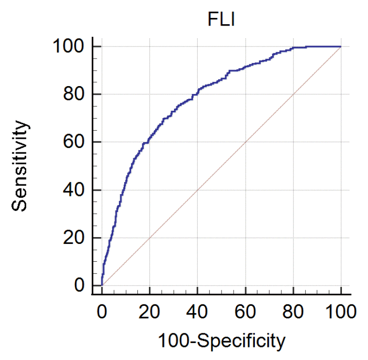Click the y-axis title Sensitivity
point(20,166)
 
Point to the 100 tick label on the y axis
point(71,47)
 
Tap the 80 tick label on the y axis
point(76,94)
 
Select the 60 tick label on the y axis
point(76,142)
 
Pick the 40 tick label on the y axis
point(76,190)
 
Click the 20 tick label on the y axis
point(76,238)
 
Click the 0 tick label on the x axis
point(102,311)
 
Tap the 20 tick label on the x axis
point(149,311)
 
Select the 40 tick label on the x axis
point(197,311)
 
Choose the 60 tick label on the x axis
point(245,311)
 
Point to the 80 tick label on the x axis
point(293,311)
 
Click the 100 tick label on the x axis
point(341,311)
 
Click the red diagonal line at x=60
point(245,142)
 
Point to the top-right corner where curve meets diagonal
point(341,46)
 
